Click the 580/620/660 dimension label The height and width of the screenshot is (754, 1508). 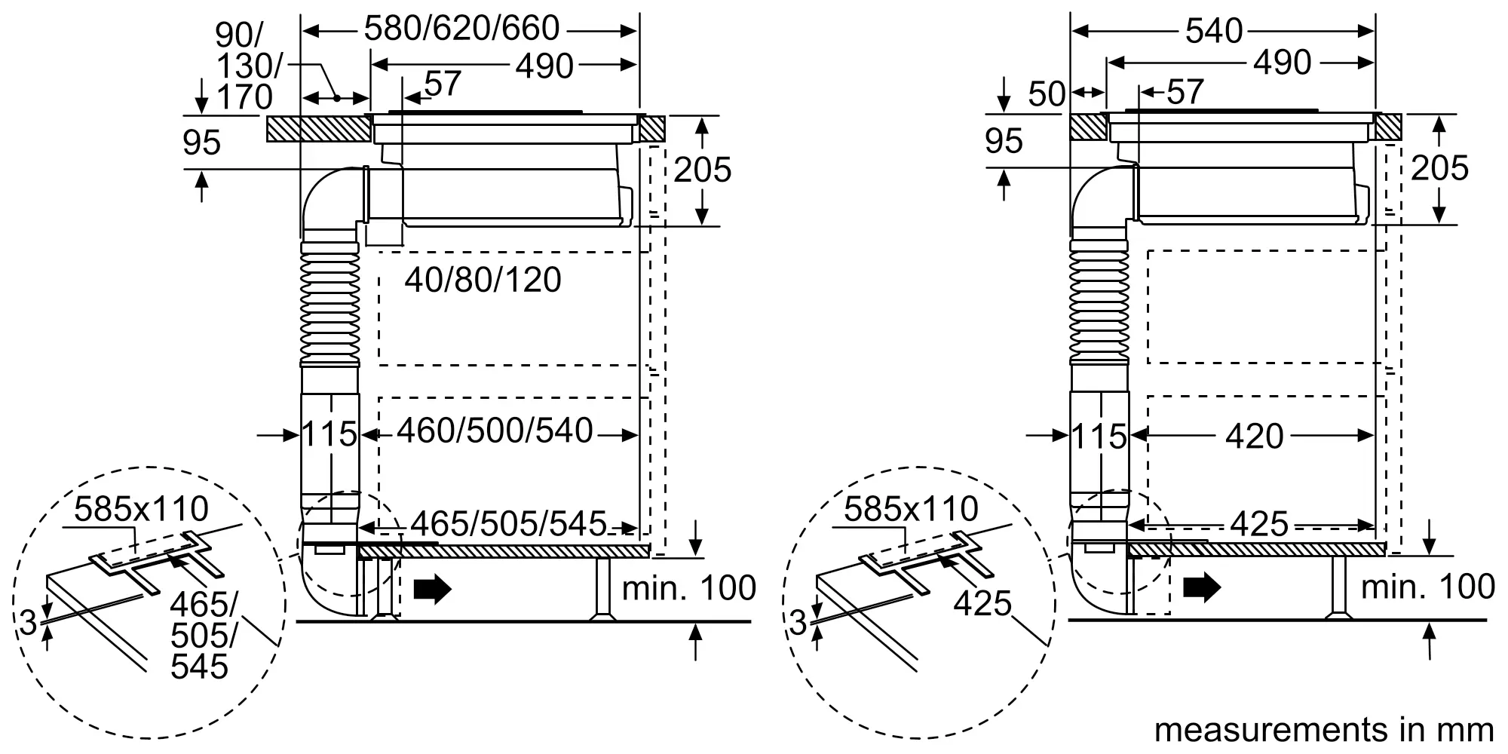(x=461, y=29)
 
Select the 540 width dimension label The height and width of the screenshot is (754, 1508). (x=1214, y=30)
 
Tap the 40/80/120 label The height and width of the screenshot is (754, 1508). (x=483, y=280)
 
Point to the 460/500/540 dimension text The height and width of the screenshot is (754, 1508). (x=495, y=431)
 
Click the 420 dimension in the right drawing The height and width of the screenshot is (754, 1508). (x=1255, y=436)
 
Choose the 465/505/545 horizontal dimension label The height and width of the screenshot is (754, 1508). (x=509, y=523)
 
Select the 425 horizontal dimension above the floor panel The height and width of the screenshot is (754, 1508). (x=1260, y=523)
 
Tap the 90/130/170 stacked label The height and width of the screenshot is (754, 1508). (x=244, y=66)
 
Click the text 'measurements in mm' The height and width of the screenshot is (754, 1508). (x=1324, y=730)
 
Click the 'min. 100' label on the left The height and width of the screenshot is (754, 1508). (x=688, y=588)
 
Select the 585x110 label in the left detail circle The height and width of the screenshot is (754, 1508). (x=141, y=509)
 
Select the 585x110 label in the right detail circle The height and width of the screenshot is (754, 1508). (x=911, y=510)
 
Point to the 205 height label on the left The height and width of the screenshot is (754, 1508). (x=702, y=170)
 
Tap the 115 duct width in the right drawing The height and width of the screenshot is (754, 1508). (x=1099, y=437)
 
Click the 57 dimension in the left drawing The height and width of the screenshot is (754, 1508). (x=442, y=84)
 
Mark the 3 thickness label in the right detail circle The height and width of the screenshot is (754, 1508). (x=798, y=622)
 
